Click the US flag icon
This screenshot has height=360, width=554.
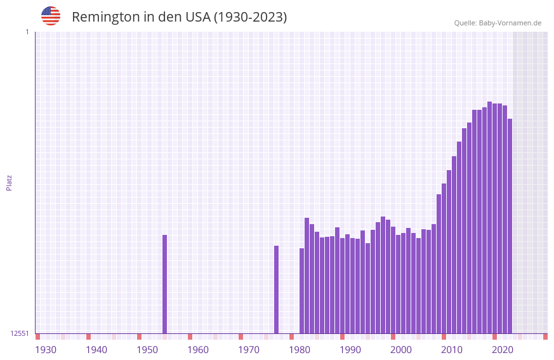51,16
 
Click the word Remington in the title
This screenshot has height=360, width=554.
105,17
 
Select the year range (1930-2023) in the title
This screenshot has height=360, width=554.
250,17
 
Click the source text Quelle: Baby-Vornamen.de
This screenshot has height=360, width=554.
498,23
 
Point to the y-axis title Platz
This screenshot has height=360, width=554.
9,182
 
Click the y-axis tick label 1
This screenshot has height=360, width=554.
27,32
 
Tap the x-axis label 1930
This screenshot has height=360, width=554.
46,349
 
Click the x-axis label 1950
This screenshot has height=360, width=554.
147,349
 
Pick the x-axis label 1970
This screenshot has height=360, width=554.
249,349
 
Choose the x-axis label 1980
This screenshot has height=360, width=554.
300,349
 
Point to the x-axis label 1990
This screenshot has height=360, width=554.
350,349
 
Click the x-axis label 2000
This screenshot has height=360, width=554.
401,349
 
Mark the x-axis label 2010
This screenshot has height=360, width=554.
452,349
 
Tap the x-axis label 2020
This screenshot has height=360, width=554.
503,349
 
